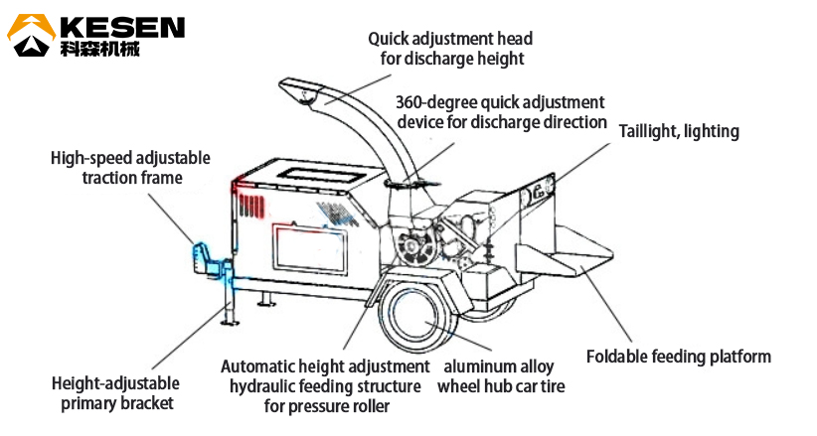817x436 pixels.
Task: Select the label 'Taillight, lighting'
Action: (x=679, y=131)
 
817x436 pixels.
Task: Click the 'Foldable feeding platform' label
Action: (x=679, y=357)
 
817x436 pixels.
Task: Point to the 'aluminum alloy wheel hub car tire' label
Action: (x=501, y=376)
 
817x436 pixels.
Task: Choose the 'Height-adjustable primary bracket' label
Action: (x=115, y=392)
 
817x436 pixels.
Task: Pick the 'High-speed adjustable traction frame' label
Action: (x=117, y=168)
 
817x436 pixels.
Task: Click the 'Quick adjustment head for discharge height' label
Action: (x=450, y=48)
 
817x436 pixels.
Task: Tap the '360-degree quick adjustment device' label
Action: (x=501, y=112)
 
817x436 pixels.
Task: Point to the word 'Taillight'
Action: (x=650, y=131)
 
